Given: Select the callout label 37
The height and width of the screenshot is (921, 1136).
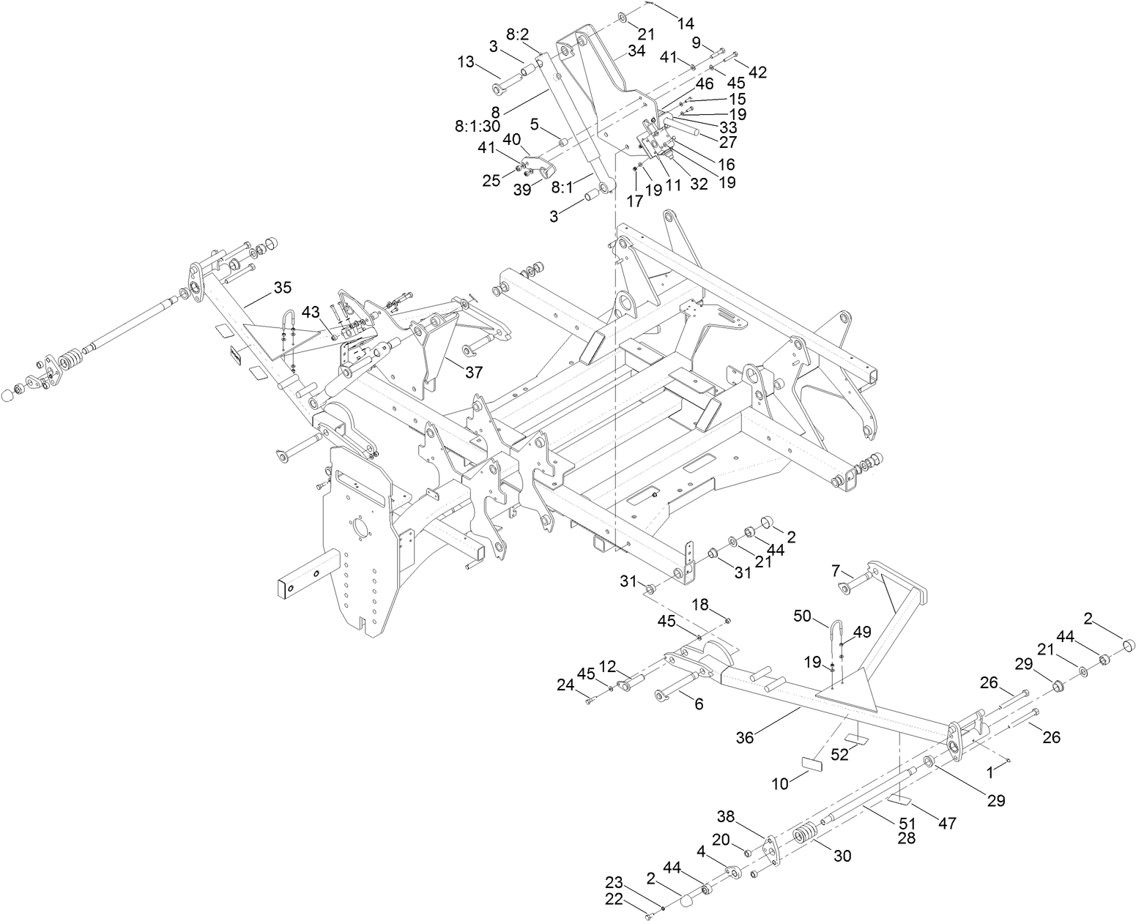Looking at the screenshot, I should pyautogui.click(x=474, y=372).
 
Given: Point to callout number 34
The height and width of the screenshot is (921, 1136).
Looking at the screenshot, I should pyautogui.click(x=636, y=51).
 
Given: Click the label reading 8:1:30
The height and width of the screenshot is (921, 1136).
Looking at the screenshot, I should pyautogui.click(x=477, y=126).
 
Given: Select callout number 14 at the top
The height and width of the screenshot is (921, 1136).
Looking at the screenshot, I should pyautogui.click(x=685, y=23).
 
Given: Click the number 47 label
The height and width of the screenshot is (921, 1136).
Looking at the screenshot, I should pyautogui.click(x=947, y=824).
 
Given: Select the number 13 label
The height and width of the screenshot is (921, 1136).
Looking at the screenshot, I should pyautogui.click(x=466, y=63).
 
